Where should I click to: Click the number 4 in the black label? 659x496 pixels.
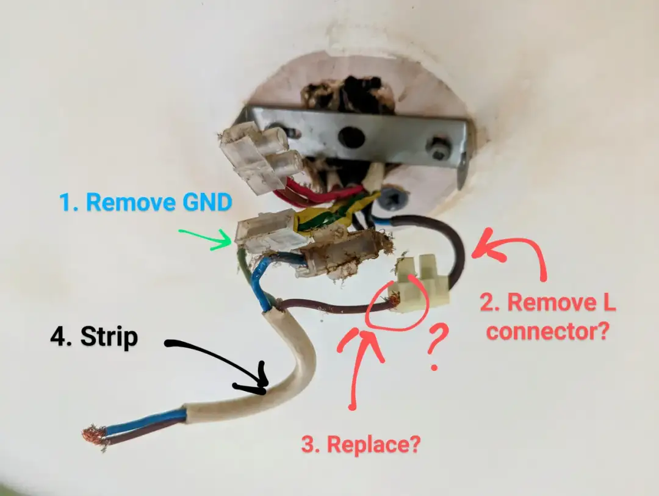(x=60, y=336)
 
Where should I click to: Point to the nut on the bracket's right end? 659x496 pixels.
(x=438, y=149)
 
